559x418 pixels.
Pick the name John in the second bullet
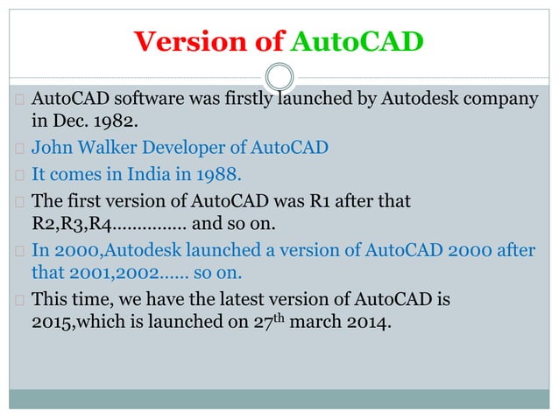click(x=50, y=147)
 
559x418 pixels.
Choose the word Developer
click(x=179, y=147)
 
